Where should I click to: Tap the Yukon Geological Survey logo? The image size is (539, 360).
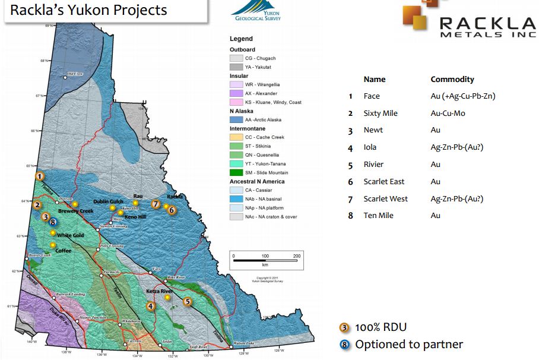coord(256,11)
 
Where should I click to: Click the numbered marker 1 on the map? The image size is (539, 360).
coord(39,176)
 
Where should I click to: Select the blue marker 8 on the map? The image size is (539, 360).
coord(53,222)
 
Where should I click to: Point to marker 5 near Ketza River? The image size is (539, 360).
coord(188,301)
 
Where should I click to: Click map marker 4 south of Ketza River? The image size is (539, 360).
coord(151,306)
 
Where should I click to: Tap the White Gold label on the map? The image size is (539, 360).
coord(70,236)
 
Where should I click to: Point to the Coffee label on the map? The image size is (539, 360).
coord(63,251)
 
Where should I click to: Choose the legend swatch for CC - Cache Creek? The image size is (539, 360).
coord(236,137)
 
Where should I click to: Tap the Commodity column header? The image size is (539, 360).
coord(452,79)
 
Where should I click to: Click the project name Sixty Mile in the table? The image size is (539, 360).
coord(381,113)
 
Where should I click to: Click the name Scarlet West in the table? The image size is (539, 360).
coord(385,198)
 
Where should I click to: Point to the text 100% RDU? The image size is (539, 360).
coord(381,327)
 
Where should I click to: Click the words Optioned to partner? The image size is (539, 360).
coord(409,344)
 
